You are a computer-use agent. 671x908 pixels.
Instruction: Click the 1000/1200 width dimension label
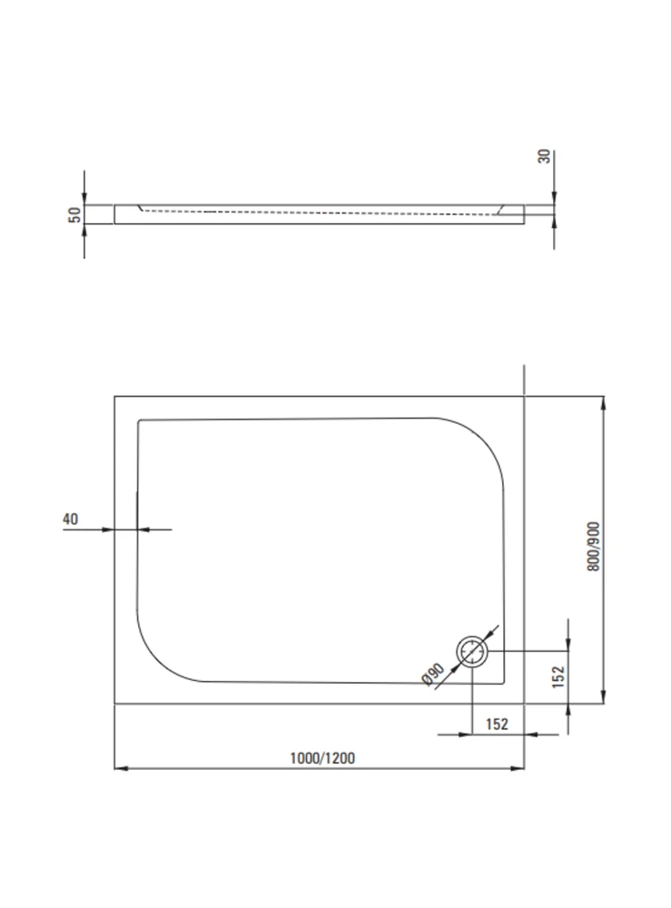pos(322,758)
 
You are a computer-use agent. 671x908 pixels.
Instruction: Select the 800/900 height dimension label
pos(594,547)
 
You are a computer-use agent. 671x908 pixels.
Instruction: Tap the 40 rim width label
pos(70,518)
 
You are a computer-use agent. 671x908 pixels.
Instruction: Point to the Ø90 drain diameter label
pos(433,674)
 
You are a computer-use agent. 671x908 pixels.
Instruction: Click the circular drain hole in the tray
pos(472,652)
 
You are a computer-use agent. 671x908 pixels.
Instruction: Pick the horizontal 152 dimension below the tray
pos(497,724)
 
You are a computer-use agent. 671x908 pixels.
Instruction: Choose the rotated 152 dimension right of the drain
pos(558,677)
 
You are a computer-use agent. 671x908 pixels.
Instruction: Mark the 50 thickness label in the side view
pos(74,215)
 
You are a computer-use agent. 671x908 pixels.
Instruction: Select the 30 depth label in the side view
pos(544,156)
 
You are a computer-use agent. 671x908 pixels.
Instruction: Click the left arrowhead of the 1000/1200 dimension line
pos(121,768)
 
